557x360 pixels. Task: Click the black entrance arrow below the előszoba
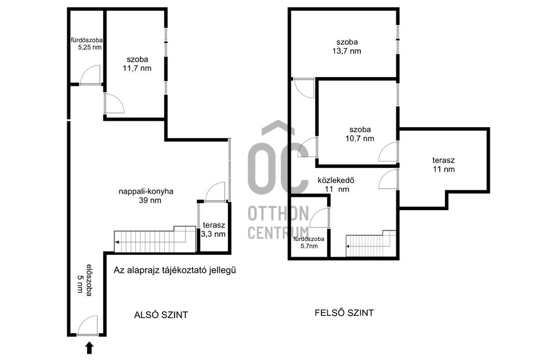89,348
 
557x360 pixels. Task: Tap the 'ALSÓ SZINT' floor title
161,315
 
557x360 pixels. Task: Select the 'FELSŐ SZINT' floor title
344,313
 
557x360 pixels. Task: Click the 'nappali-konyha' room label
146,191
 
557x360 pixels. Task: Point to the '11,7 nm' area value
137,69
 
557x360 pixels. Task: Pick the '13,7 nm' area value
347,51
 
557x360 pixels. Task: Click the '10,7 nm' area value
360,139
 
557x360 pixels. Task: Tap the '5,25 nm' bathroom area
90,47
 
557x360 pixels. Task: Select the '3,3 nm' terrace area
213,234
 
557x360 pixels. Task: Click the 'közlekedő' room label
336,180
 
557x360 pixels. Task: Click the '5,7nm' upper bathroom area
309,246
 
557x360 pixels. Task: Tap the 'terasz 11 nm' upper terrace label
444,164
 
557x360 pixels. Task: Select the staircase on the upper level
371,243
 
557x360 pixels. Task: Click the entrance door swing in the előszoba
88,325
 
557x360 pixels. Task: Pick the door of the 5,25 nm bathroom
90,75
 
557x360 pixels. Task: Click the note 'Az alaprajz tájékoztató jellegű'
175,270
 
